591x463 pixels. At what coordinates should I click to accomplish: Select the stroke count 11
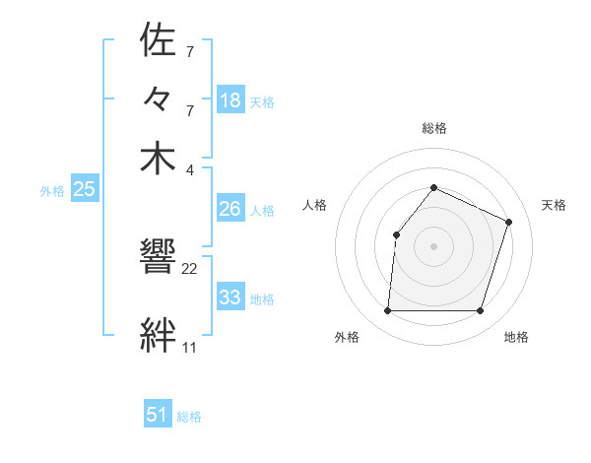click(x=189, y=348)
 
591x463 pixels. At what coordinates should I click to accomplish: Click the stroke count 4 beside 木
click(x=190, y=169)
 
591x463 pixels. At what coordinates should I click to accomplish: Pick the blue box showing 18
click(x=230, y=99)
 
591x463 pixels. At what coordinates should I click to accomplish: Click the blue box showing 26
click(x=230, y=209)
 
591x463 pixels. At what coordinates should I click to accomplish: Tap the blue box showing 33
click(x=230, y=298)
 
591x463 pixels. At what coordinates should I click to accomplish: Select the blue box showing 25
click(x=85, y=190)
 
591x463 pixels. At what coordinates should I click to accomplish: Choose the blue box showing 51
click(x=158, y=415)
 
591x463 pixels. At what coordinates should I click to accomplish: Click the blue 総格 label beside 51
click(x=189, y=417)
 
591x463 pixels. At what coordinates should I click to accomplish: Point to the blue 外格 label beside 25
click(x=52, y=192)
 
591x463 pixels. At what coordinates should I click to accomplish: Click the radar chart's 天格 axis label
click(x=554, y=205)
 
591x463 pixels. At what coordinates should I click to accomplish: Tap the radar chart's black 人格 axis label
click(x=314, y=205)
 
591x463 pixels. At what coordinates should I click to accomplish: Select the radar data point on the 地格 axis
click(x=480, y=311)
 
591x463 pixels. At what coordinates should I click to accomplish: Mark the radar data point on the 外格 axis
click(x=387, y=311)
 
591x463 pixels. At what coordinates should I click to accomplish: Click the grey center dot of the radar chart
click(x=433, y=245)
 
